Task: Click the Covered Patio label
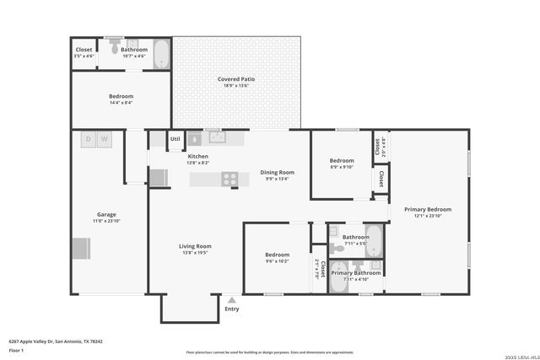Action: [236, 79]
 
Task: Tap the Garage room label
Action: [106, 214]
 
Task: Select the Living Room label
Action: [193, 246]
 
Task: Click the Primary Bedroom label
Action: [427, 209]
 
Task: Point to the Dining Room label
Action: [277, 172]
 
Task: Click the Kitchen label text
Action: [197, 156]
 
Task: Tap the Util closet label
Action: [175, 138]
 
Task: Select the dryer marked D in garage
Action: [88, 139]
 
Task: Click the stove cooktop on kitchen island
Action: [229, 179]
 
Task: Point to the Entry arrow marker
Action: [232, 299]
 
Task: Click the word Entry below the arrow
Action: [232, 309]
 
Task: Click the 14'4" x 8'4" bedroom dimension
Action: [121, 103]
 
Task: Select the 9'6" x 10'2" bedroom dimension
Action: [278, 261]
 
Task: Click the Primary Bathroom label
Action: [355, 273]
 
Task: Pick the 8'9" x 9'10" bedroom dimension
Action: [342, 167]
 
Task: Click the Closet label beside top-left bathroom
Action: [84, 50]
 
